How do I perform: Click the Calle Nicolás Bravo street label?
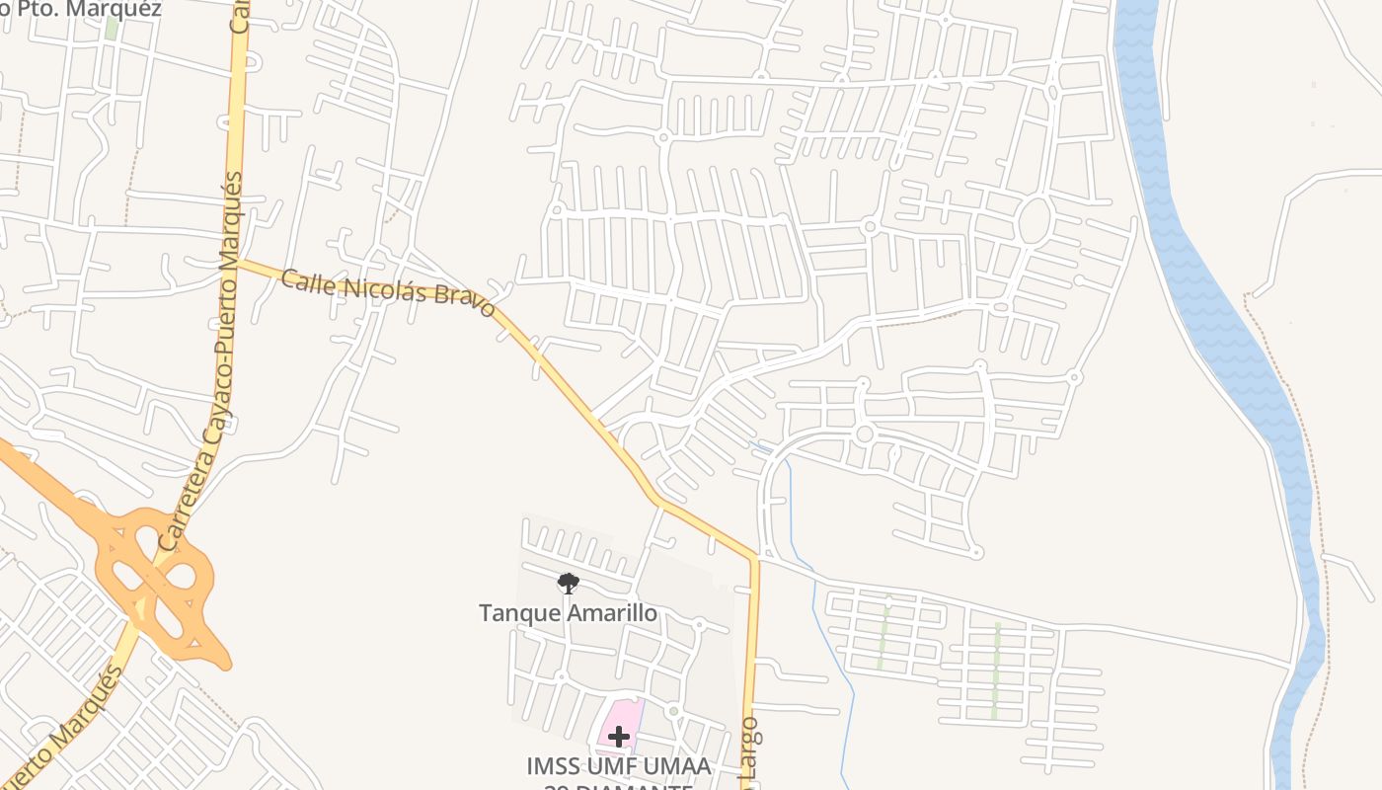[x=387, y=293]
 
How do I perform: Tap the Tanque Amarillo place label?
[x=568, y=613]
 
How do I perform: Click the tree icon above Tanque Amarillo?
[x=568, y=584]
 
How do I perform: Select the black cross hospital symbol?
[x=619, y=737]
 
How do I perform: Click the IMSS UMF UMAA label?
[x=619, y=766]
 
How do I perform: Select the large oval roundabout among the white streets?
[x=1034, y=221]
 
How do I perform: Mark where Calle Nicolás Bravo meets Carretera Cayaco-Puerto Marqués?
[x=237, y=262]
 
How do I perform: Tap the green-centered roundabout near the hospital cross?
[x=673, y=711]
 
